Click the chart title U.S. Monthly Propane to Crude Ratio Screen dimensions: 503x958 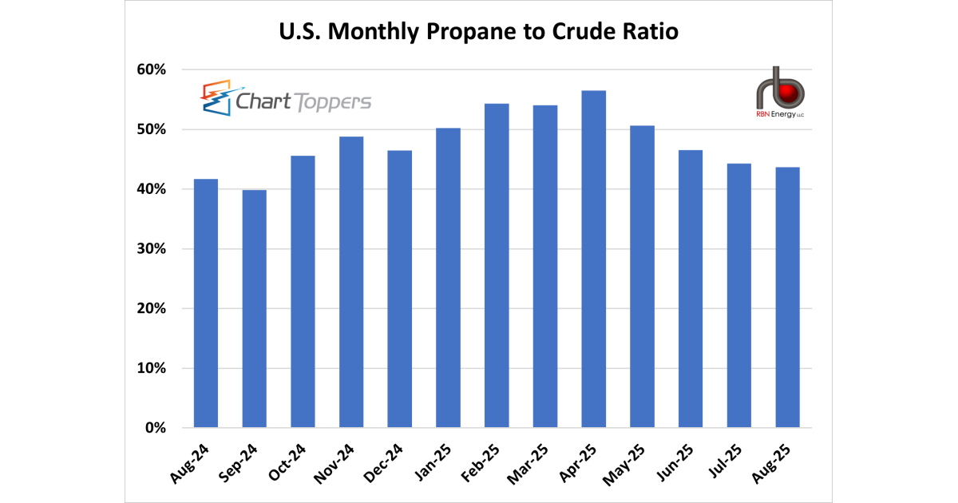(x=478, y=33)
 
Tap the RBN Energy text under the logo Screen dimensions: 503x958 (x=779, y=115)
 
